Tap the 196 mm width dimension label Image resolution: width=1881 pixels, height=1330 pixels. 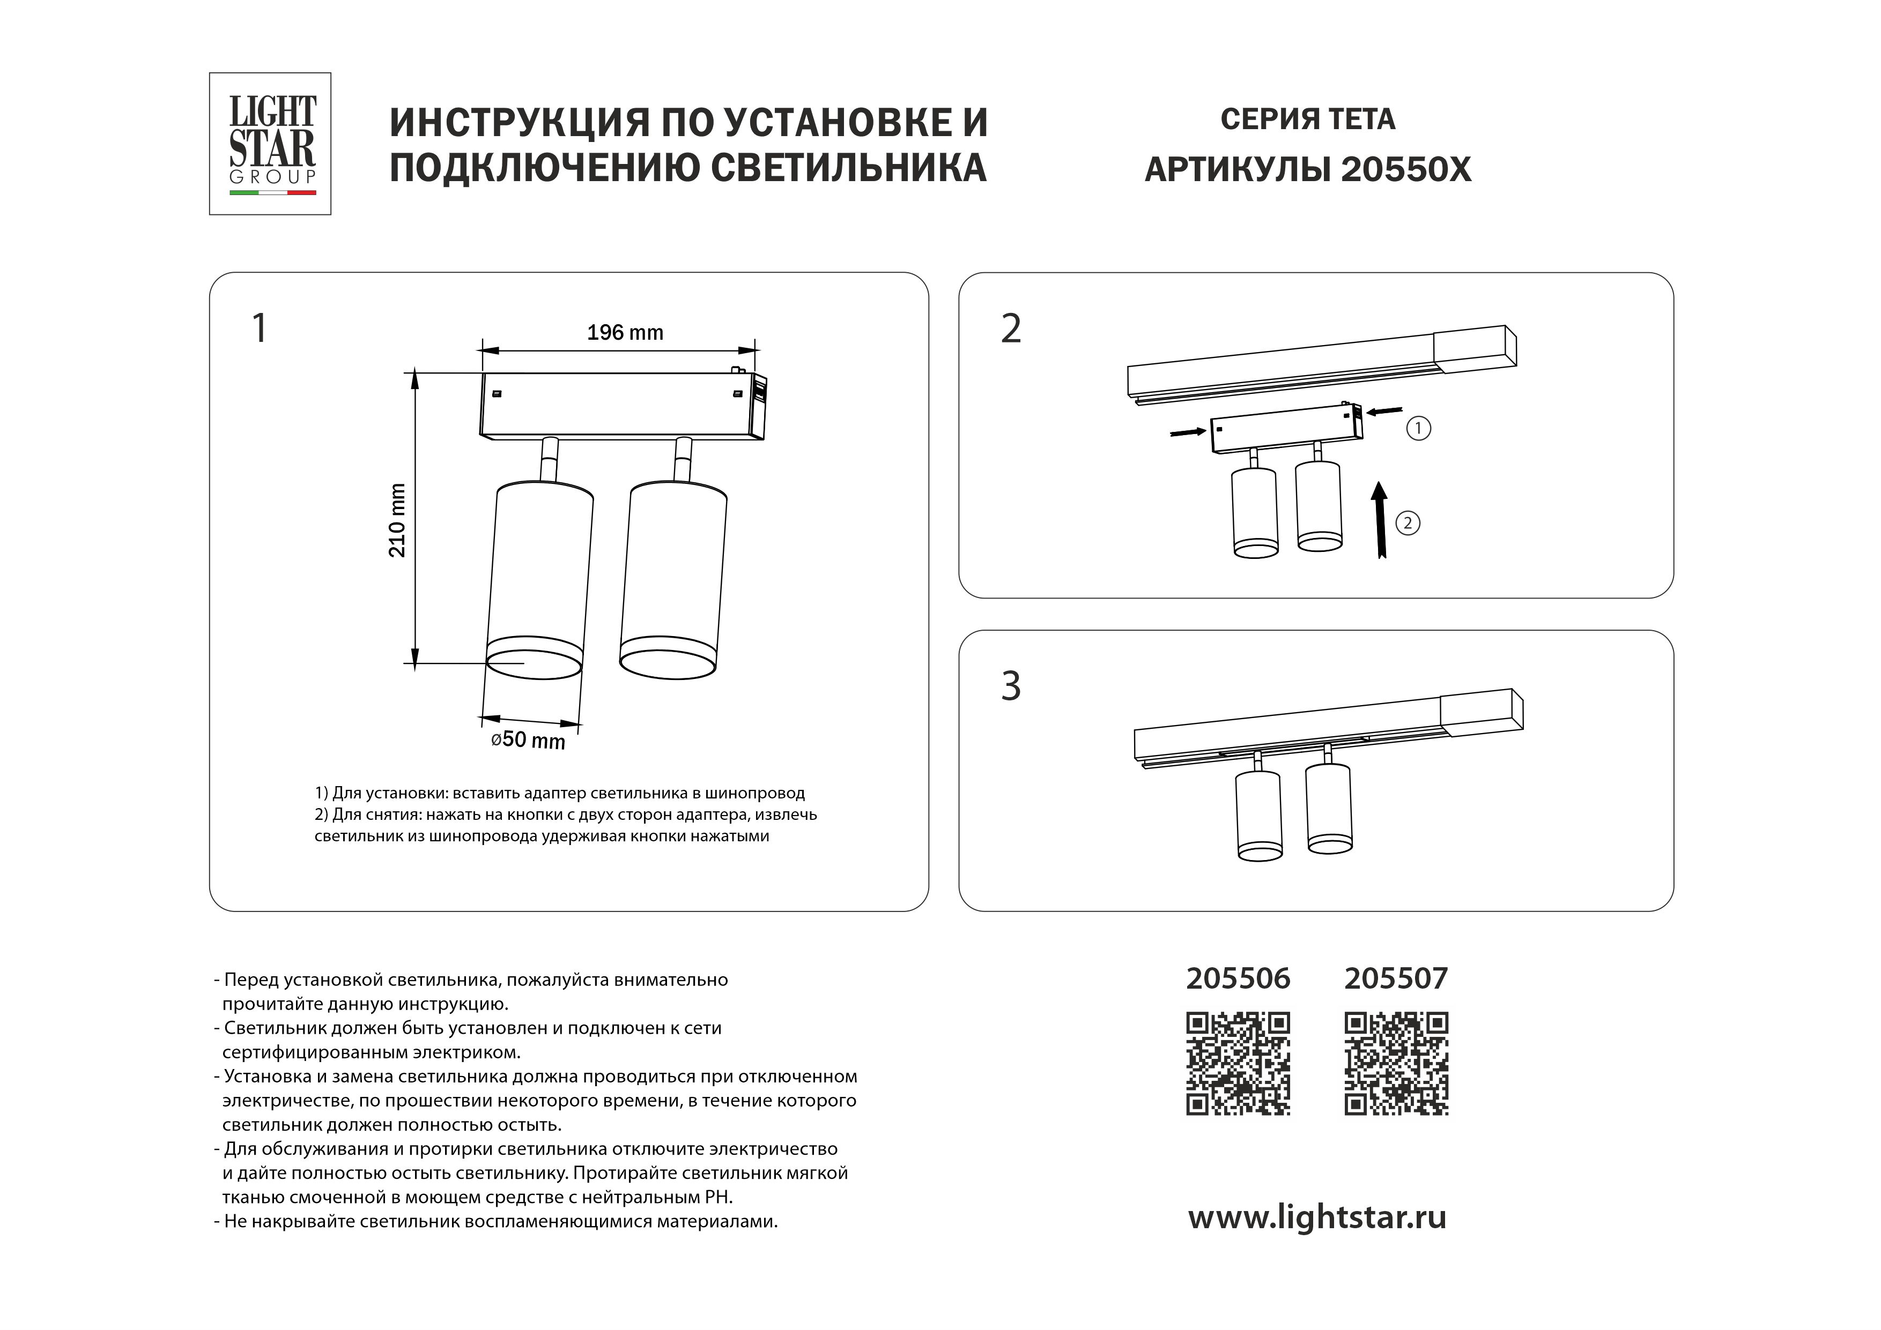pyautogui.click(x=625, y=332)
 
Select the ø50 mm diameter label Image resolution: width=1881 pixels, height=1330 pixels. pyautogui.click(x=528, y=739)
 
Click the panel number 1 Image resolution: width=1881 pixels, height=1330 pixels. pyautogui.click(x=259, y=328)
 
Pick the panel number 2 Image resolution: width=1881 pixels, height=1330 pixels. pyautogui.click(x=1011, y=328)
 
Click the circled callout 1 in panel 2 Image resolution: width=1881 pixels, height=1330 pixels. pyautogui.click(x=1418, y=428)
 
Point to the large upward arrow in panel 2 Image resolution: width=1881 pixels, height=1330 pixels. pyautogui.click(x=1380, y=519)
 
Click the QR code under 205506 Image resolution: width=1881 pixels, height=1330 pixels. pyautogui.click(x=1238, y=1064)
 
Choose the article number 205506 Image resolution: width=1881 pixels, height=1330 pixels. pyautogui.click(x=1238, y=978)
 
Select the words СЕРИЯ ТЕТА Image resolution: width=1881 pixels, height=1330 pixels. pyautogui.click(x=1307, y=119)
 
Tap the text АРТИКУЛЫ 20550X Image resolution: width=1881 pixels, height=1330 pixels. pyautogui.click(x=1307, y=169)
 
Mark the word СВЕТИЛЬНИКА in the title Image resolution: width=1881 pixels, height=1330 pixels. pyautogui.click(x=848, y=168)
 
